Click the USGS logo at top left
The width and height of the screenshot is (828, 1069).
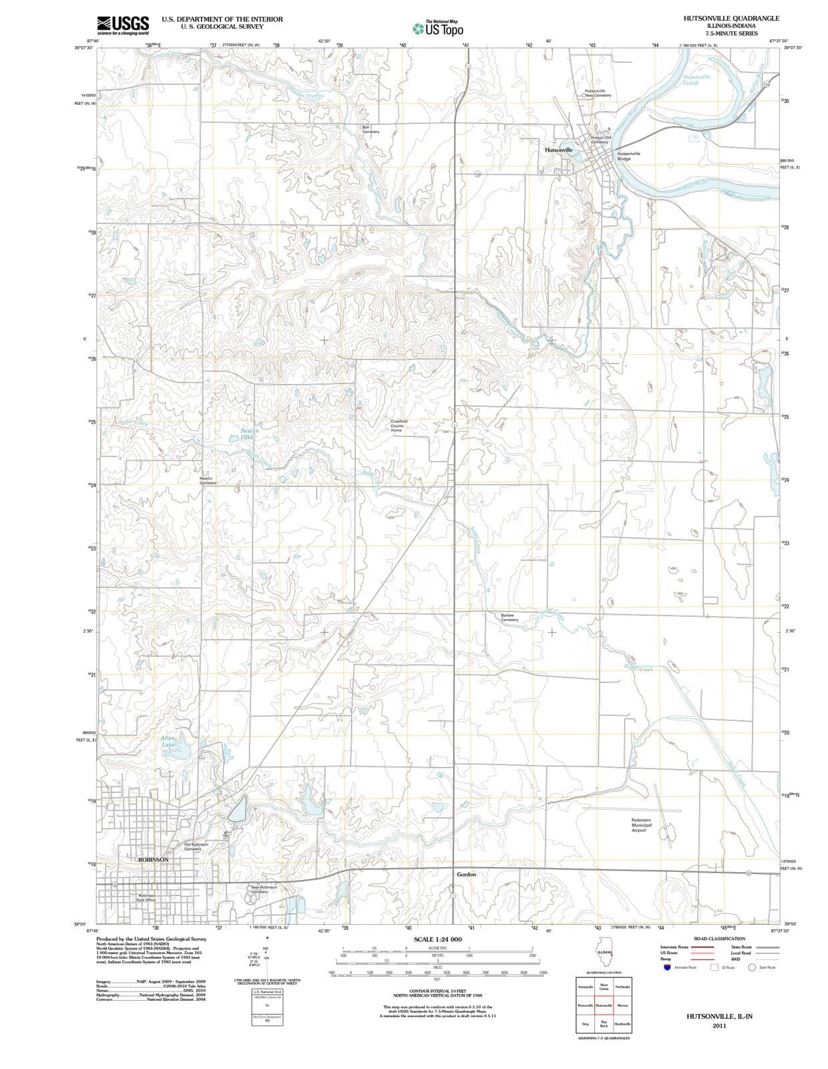point(123,25)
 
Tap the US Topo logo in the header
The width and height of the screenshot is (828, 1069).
point(437,29)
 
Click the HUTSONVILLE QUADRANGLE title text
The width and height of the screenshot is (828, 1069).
point(731,19)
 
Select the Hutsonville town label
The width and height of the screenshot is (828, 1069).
point(559,150)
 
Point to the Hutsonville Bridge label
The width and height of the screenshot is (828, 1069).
point(628,156)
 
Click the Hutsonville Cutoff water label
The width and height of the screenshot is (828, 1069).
point(696,80)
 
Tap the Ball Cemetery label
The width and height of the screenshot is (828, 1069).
point(371,130)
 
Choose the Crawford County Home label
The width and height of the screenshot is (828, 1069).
point(399,426)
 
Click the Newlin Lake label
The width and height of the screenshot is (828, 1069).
point(250,434)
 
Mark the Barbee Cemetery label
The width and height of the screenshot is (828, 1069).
point(509,617)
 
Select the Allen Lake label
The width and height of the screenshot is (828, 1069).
point(168,741)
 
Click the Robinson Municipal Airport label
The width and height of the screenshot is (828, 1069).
point(641,824)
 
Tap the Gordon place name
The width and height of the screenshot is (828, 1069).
point(466,874)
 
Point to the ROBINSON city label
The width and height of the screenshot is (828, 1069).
point(153,859)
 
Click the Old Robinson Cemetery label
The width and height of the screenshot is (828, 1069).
point(196,847)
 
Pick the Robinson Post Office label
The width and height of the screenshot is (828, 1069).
point(146,897)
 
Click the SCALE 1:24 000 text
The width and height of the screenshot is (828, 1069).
point(437,939)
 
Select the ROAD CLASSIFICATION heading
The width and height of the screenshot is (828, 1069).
point(719,939)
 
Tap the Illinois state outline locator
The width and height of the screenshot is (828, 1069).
point(604,956)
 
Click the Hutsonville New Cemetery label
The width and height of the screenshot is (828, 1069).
point(598,93)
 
